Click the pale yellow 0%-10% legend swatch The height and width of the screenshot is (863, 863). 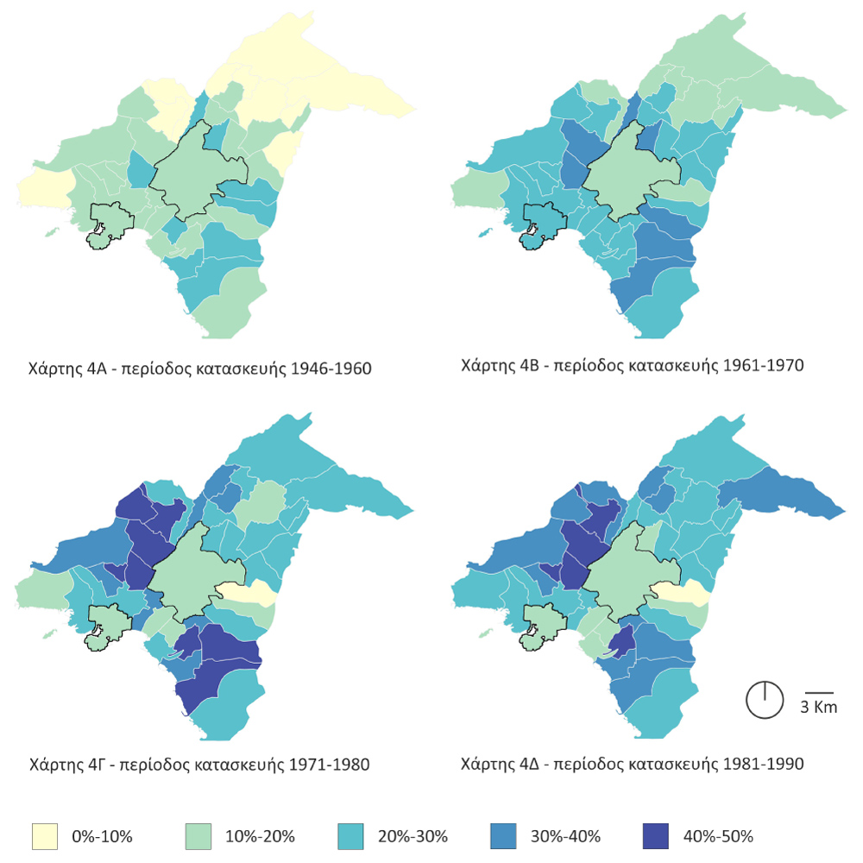[x=45, y=835]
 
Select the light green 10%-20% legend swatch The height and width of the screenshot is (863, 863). [x=199, y=835]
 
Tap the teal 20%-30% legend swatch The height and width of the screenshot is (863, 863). [x=352, y=835]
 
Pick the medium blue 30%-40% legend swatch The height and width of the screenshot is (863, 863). [x=505, y=835]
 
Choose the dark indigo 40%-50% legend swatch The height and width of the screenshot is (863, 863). [x=658, y=835]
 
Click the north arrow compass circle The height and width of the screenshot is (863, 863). [x=764, y=699]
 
